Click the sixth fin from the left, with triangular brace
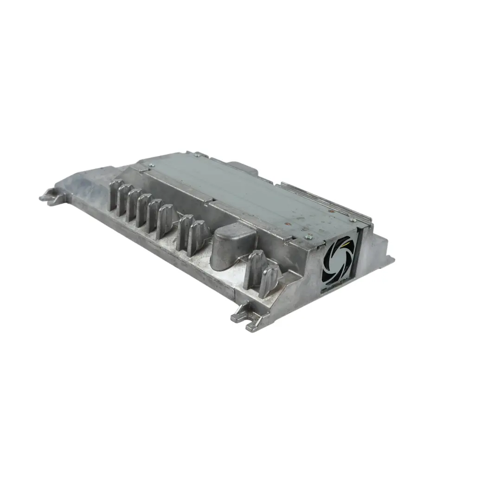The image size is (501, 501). click(165, 221)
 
